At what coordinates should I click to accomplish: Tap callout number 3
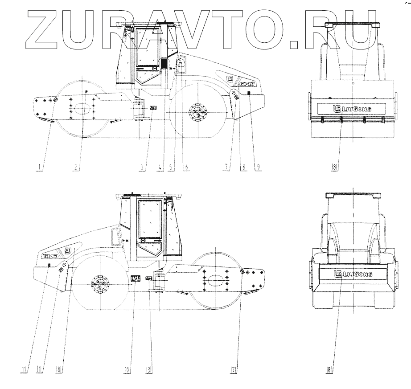click(x=142, y=168)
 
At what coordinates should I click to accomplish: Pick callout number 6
click(x=186, y=168)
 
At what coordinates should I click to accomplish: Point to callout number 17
click(x=234, y=369)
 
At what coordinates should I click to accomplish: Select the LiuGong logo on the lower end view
click(x=352, y=274)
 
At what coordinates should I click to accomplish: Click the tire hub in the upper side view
click(x=197, y=111)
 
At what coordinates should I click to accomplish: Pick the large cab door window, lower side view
click(x=150, y=218)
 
